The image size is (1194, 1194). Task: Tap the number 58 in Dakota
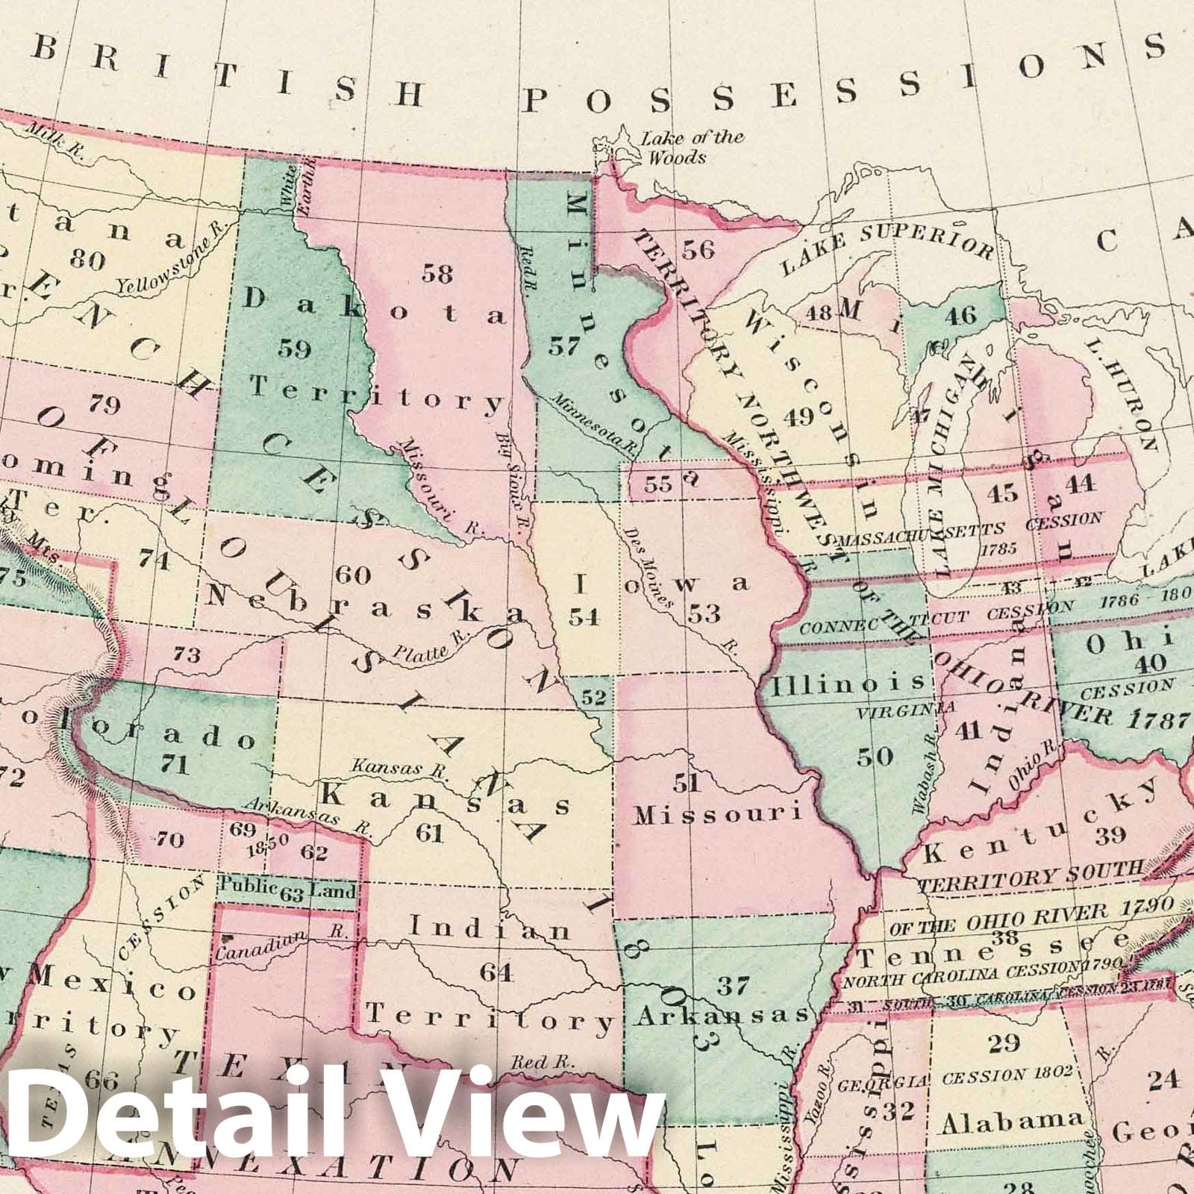(x=437, y=273)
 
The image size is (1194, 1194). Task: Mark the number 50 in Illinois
(x=874, y=756)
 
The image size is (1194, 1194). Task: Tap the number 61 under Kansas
(x=430, y=832)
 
